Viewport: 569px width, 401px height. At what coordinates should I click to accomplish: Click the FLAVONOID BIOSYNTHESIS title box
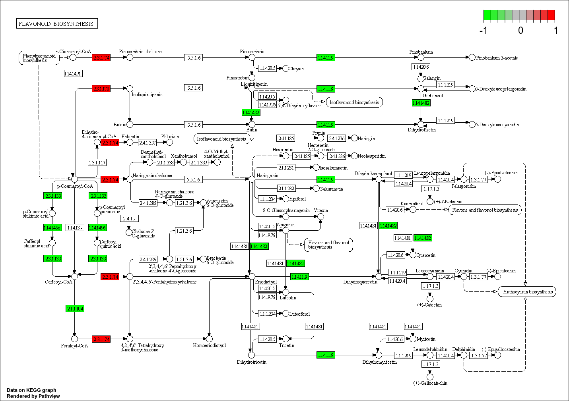click(57, 24)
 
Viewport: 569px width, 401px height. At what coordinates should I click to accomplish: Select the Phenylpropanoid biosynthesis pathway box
click(39, 58)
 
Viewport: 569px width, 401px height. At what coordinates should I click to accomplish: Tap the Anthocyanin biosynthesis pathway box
click(527, 292)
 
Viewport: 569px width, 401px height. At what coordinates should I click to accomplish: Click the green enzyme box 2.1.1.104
click(75, 308)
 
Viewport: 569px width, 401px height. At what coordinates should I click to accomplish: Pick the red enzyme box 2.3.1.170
click(101, 89)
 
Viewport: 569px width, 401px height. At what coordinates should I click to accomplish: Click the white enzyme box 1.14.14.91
click(73, 73)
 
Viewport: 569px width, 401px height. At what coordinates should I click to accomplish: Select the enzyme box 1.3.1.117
click(97, 162)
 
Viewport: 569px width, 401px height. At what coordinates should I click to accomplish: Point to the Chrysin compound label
click(296, 69)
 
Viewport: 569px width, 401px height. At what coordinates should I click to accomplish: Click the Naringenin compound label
click(268, 175)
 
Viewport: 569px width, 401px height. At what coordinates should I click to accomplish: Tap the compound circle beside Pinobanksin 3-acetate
click(472, 58)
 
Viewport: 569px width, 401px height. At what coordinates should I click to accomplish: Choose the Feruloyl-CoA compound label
click(74, 346)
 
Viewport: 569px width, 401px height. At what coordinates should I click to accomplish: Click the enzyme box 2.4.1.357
click(147, 143)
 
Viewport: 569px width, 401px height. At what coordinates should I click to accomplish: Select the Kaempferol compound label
click(412, 204)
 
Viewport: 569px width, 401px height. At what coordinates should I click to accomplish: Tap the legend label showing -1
click(484, 31)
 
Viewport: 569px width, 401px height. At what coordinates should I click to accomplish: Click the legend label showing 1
click(556, 31)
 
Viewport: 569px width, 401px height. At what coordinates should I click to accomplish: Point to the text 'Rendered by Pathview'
click(33, 396)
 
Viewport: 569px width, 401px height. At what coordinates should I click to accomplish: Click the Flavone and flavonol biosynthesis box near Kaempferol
click(485, 210)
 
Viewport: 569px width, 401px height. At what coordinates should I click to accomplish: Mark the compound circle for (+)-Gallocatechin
click(430, 376)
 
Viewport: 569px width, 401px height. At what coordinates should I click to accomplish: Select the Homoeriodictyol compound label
click(209, 345)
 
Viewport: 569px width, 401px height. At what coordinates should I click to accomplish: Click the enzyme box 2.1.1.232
click(286, 188)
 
